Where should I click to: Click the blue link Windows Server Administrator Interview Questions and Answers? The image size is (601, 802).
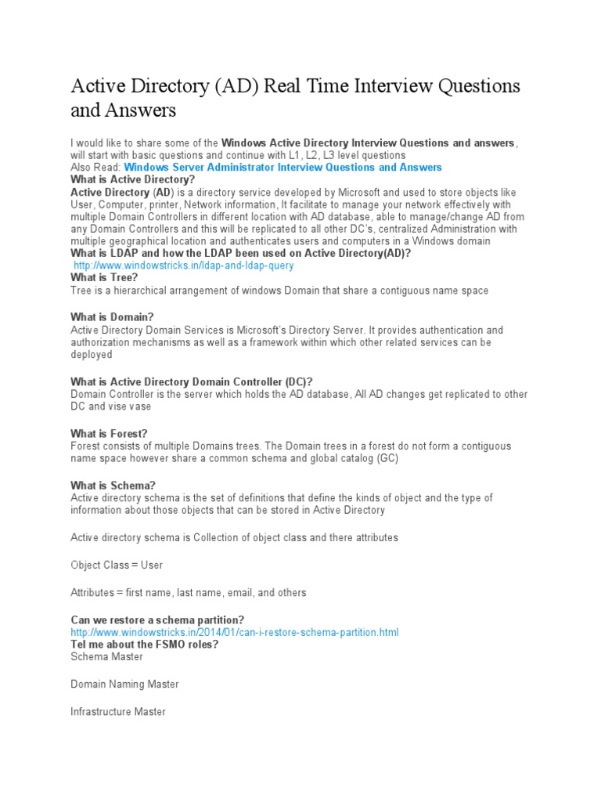(x=283, y=168)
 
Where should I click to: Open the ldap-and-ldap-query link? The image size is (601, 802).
(x=183, y=266)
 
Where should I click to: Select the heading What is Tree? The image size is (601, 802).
(x=104, y=278)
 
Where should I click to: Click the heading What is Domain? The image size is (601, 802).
(x=112, y=317)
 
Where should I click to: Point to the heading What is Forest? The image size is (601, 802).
(x=109, y=434)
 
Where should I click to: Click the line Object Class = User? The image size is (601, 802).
(x=117, y=565)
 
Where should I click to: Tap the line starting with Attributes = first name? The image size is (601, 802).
(x=189, y=593)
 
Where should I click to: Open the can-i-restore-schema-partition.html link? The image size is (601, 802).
(x=235, y=632)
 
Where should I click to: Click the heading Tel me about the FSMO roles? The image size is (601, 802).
(x=144, y=645)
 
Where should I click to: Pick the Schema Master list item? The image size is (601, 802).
(x=106, y=657)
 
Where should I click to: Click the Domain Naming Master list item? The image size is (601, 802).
(x=124, y=685)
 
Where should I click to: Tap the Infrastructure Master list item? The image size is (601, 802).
(x=118, y=712)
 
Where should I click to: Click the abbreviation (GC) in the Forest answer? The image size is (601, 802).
(x=387, y=459)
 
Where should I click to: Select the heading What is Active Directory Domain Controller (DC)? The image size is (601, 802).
(x=191, y=382)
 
